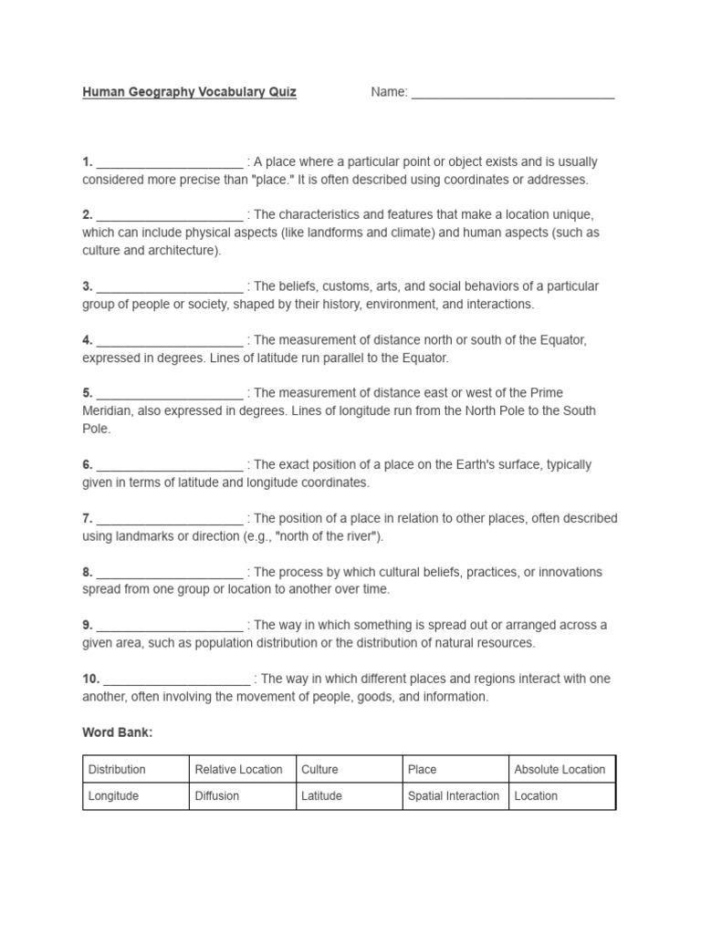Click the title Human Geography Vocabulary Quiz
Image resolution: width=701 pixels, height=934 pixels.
click(189, 92)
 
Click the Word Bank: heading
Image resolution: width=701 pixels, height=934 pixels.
click(117, 732)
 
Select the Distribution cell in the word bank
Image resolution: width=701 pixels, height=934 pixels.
click(117, 769)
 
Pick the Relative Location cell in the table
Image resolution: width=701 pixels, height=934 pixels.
click(239, 769)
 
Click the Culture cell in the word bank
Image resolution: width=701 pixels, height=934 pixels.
click(319, 769)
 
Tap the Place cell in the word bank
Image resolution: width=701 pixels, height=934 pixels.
click(423, 769)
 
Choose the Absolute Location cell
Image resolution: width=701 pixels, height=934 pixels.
click(560, 769)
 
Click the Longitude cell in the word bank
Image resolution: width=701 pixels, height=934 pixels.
click(114, 795)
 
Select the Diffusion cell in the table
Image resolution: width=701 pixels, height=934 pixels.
click(217, 795)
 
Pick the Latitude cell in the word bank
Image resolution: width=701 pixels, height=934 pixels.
click(322, 795)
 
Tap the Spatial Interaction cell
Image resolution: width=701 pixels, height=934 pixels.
click(454, 795)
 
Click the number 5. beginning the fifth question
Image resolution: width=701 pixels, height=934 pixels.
click(88, 393)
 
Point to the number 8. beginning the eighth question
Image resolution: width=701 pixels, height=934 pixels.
click(88, 572)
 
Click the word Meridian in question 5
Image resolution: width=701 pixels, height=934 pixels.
click(108, 410)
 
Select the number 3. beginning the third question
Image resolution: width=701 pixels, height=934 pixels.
click(88, 286)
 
